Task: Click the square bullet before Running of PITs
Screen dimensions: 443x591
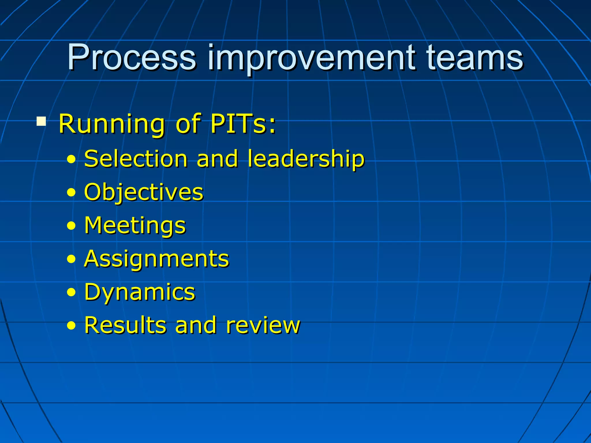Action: click(x=41, y=121)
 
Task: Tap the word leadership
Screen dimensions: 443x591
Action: click(x=306, y=159)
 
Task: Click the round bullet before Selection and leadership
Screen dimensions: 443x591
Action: click(x=71, y=159)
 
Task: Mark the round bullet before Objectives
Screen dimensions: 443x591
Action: click(x=71, y=193)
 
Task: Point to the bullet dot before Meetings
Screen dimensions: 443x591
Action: click(x=71, y=226)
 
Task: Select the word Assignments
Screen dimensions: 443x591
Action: click(x=156, y=259)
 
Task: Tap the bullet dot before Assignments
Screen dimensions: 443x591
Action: click(x=71, y=259)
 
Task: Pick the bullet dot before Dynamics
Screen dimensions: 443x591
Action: click(x=71, y=293)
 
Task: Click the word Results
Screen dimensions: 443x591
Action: click(x=125, y=325)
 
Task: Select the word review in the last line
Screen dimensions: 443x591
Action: click(x=263, y=326)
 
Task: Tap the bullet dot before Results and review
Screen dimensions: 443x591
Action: click(x=71, y=326)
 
